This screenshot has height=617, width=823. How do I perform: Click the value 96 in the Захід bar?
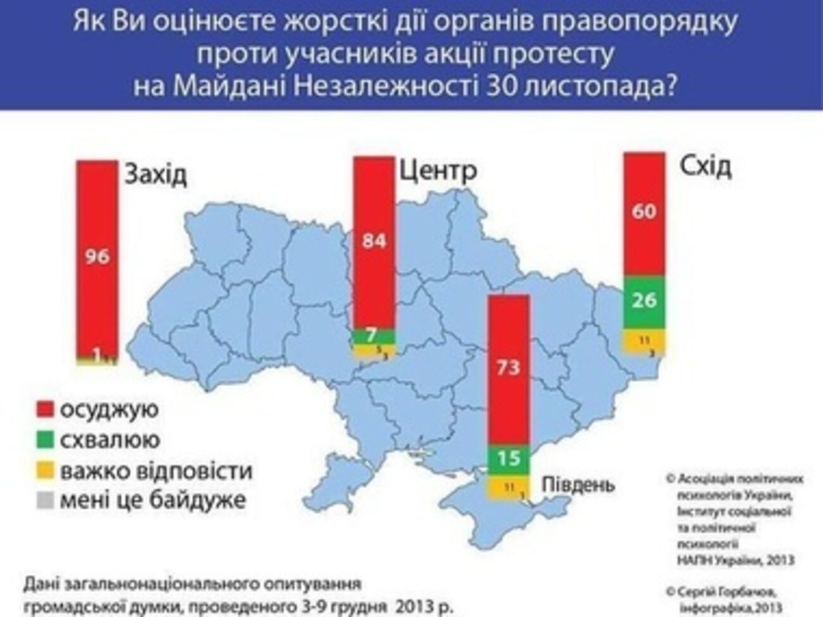pos(97,256)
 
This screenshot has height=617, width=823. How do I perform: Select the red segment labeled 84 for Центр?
pos(374,241)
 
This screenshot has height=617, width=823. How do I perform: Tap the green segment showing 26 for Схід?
pos(644,300)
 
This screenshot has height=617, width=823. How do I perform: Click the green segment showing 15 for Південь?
pos(508,458)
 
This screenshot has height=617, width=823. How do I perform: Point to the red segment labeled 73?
pos(508,367)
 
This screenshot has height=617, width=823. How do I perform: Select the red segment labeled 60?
pos(644,211)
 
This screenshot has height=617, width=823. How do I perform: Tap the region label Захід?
pos(155,175)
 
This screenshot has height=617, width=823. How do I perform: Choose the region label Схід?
pos(705,166)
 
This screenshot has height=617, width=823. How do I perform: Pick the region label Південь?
pos(577,485)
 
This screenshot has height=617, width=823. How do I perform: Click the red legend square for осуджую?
pos(44,409)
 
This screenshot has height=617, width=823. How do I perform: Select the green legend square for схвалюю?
pos(44,440)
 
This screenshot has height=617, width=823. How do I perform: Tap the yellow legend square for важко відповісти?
pos(44,471)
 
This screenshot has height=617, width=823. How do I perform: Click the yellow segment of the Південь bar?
pos(508,487)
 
